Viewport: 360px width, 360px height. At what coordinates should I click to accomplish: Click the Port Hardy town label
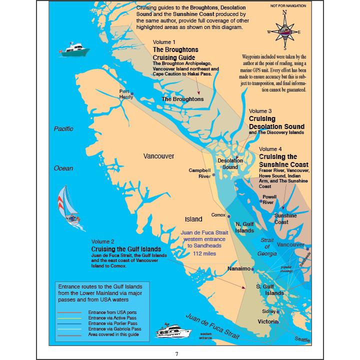125,94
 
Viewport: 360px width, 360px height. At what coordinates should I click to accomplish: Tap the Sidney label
268,311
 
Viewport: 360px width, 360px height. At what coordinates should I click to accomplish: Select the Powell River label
268,200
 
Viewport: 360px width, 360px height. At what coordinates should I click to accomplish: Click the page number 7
176,353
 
